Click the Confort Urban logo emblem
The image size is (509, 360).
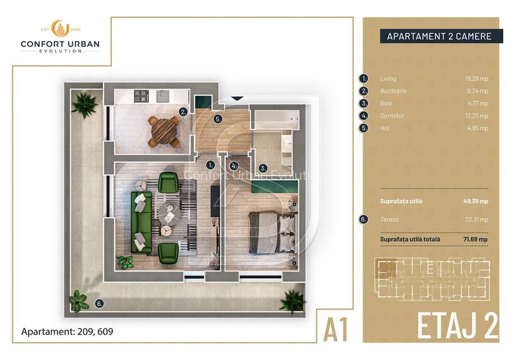pyautogui.click(x=59, y=29)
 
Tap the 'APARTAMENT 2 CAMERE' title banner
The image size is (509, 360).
pyautogui.click(x=439, y=36)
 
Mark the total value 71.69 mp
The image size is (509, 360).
pyautogui.click(x=475, y=239)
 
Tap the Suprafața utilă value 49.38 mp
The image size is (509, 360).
pyautogui.click(x=476, y=201)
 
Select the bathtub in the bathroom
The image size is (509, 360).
pyautogui.click(x=274, y=120)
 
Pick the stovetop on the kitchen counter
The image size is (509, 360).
pyautogui.click(x=141, y=97)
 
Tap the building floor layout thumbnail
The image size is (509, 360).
pyautogui.click(x=435, y=279)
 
